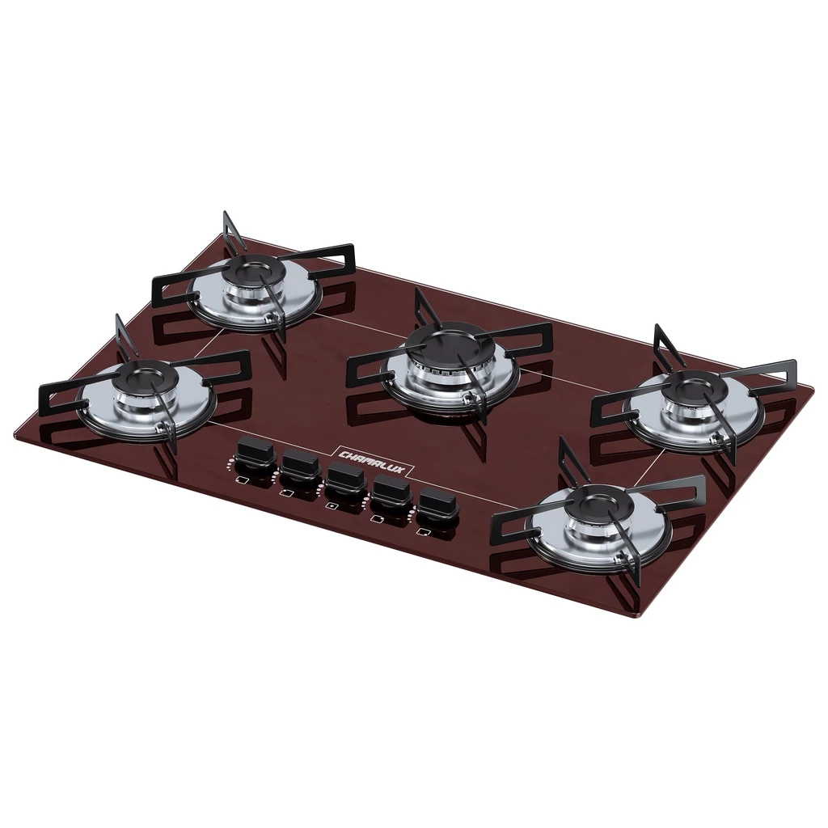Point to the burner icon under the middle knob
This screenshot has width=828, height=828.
pos(332,505)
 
